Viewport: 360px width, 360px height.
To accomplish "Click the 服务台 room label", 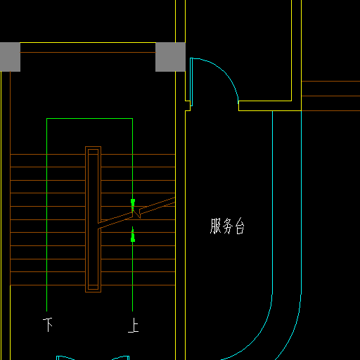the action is point(227,226).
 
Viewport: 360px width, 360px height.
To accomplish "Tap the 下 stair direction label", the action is point(48,325).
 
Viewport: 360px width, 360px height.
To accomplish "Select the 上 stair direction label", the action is point(134,325).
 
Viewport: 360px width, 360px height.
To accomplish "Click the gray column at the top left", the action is point(10,57).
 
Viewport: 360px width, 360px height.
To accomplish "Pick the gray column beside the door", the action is point(170,57).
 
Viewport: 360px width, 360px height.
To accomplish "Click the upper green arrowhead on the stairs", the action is point(133,203).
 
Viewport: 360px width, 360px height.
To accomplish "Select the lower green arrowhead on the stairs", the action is point(133,236).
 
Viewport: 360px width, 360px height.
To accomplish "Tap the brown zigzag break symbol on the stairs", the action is point(136,213).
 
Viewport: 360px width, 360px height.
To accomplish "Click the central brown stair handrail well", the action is point(93,219).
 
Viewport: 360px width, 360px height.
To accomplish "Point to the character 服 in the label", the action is point(216,226).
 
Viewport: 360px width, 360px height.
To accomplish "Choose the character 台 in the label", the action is point(240,226).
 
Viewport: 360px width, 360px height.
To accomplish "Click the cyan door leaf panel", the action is point(191,82).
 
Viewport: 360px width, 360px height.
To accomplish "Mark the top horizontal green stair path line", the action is point(90,119).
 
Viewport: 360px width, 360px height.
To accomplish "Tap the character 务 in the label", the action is point(228,226).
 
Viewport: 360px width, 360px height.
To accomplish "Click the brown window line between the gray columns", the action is point(88,52).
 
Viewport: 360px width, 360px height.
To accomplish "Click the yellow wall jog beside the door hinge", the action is point(188,106).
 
